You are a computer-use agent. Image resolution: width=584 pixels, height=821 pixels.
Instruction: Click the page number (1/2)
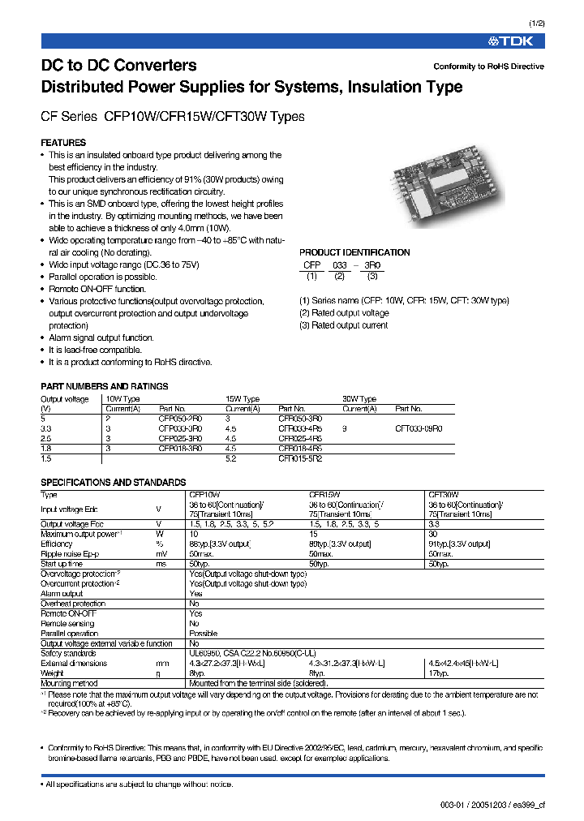pos(538,24)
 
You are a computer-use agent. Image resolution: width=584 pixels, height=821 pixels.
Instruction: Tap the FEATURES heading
pos(63,143)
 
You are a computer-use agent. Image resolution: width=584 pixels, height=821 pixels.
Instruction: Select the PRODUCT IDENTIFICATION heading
pos(354,253)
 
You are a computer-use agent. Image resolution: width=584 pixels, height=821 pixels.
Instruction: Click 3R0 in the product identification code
pos(372,265)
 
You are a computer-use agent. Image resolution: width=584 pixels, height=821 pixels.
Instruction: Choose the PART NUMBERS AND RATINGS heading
pos(105,387)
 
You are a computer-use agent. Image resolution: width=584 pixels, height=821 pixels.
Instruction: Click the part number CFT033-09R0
pos(419,428)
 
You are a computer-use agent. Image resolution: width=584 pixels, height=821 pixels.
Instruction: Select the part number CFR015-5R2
pos(300,458)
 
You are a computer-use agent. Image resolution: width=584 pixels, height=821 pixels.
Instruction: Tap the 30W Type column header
pos(359,399)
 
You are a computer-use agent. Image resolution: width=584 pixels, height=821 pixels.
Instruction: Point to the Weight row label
pos(54,673)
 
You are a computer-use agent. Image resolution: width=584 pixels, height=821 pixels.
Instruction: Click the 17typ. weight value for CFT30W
pos(438,673)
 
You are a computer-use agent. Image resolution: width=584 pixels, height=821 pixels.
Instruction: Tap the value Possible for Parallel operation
pos(203,633)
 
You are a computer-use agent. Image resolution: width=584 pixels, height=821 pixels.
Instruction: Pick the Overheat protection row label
pos(73,604)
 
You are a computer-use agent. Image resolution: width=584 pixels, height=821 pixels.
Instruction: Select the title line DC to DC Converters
pos(118,66)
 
